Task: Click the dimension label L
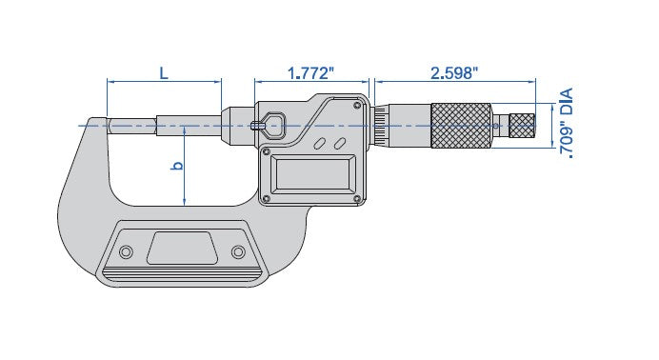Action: point(163,72)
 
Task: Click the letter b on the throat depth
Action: point(174,166)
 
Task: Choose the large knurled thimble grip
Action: point(462,125)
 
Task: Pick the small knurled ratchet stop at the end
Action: point(521,125)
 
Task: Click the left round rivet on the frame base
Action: point(125,251)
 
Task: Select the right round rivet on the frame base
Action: point(238,251)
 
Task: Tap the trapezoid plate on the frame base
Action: point(181,250)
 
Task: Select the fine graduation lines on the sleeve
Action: point(381,125)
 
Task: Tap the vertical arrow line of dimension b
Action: point(185,167)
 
